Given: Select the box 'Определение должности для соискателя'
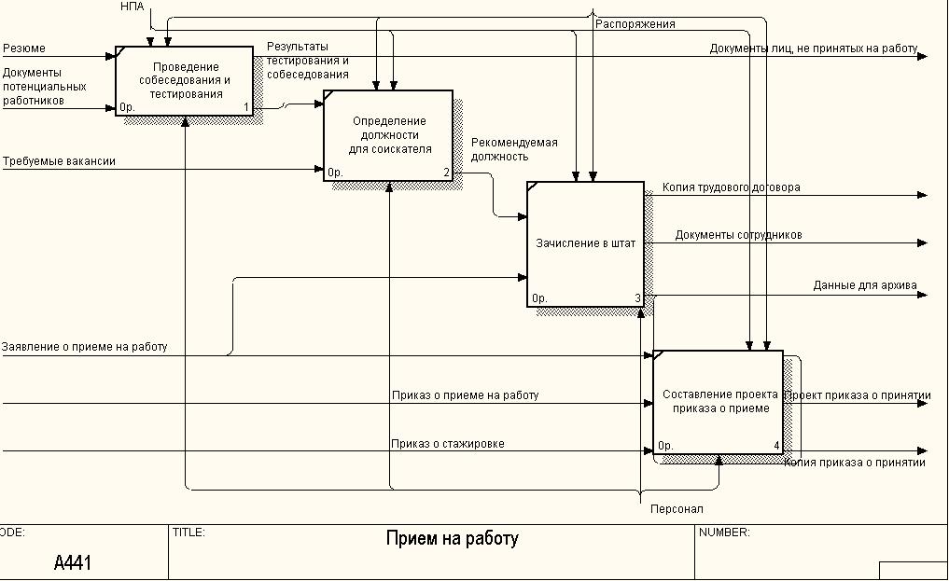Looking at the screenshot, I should pyautogui.click(x=388, y=135).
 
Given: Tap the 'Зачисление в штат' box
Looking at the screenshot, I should pyautogui.click(x=585, y=243).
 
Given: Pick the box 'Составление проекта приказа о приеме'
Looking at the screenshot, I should pyautogui.click(x=718, y=401).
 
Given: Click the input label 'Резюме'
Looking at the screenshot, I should pyautogui.click(x=23, y=48).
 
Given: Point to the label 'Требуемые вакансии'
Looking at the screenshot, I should pyautogui.click(x=59, y=161).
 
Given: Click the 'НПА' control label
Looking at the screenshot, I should pyautogui.click(x=133, y=7).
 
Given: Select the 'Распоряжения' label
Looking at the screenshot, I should pyautogui.click(x=635, y=24).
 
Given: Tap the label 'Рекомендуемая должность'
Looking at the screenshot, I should pyautogui.click(x=513, y=149).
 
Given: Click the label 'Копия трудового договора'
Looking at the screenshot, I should pyautogui.click(x=731, y=187).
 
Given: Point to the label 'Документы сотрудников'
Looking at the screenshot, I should pyautogui.click(x=738, y=235).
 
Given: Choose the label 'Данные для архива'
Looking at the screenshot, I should pyautogui.click(x=864, y=285).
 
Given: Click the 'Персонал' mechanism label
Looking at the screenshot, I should pyautogui.click(x=677, y=509).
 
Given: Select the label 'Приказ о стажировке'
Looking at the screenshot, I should pyautogui.click(x=448, y=444).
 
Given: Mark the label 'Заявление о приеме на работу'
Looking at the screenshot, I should pyautogui.click(x=84, y=347).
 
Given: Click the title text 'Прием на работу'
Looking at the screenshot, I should pyautogui.click(x=452, y=539).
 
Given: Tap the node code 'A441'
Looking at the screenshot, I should pyautogui.click(x=73, y=562).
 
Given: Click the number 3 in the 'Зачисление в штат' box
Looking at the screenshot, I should pyautogui.click(x=637, y=298).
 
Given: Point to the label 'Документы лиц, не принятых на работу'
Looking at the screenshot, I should pyautogui.click(x=813, y=48).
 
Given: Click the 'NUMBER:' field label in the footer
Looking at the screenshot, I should pyautogui.click(x=724, y=533).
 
